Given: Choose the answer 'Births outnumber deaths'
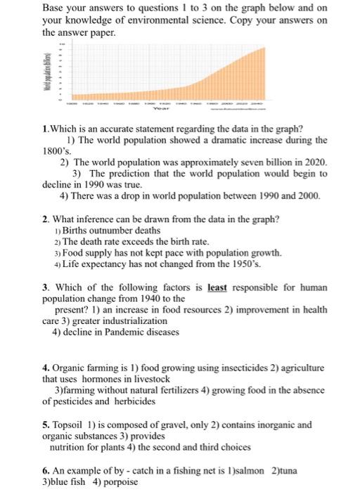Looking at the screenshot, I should coord(110,231).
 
